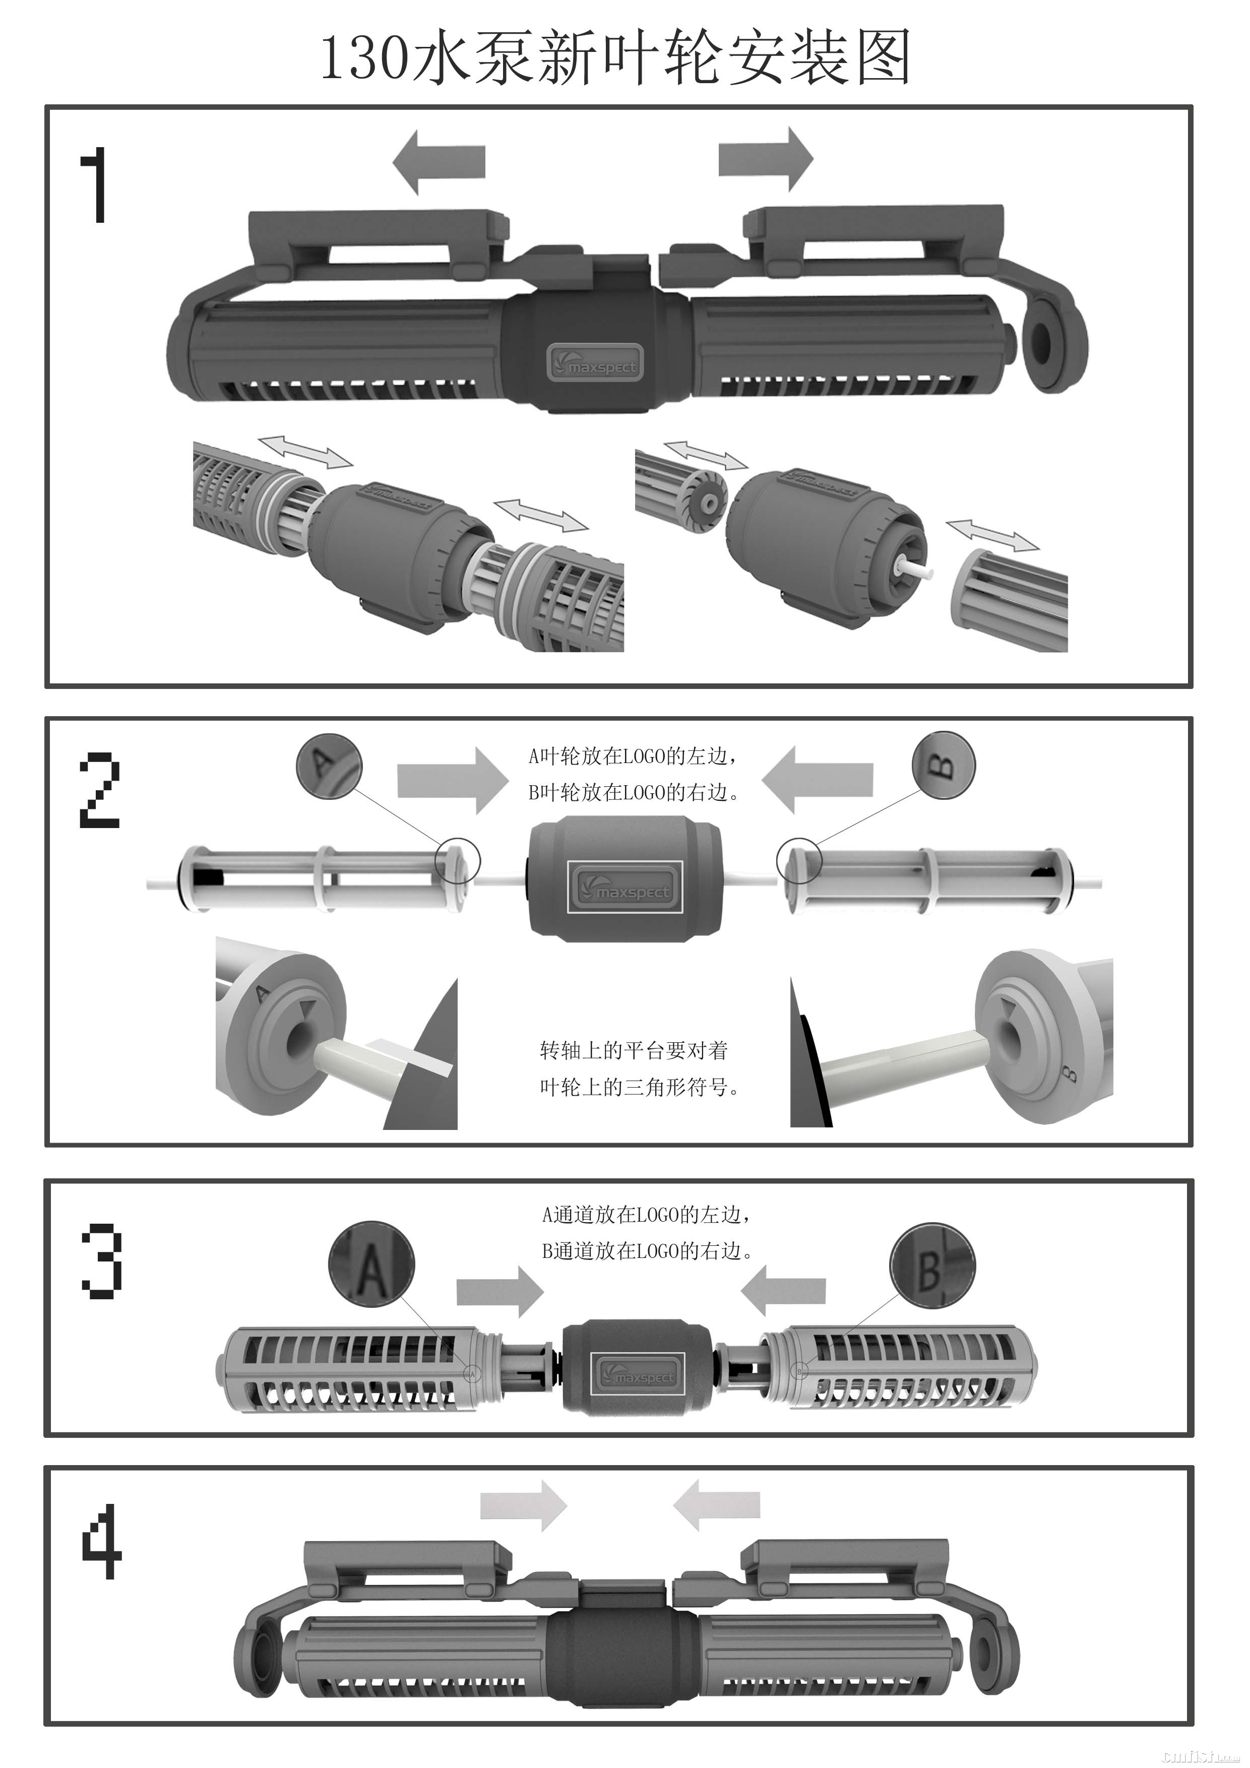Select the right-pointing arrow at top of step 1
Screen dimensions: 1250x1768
(x=766, y=159)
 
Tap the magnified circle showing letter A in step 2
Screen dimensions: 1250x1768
(x=329, y=764)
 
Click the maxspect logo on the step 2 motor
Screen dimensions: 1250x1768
(x=624, y=887)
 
